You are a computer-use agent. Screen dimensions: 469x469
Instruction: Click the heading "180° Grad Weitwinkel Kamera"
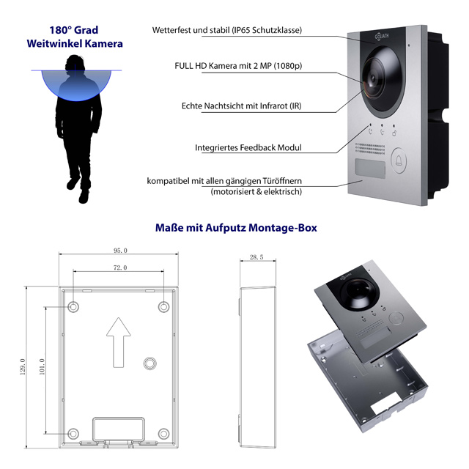pyautogui.click(x=74, y=37)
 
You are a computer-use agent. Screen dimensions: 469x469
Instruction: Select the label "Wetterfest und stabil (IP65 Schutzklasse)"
pyautogui.click(x=227, y=31)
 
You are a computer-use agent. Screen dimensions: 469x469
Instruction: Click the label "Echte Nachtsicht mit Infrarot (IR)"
pyautogui.click(x=241, y=106)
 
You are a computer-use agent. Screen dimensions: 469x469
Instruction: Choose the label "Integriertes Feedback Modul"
pyautogui.click(x=248, y=147)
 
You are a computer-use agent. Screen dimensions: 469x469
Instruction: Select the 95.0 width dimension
pyautogui.click(x=120, y=251)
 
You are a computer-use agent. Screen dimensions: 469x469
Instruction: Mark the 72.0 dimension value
pyautogui.click(x=119, y=268)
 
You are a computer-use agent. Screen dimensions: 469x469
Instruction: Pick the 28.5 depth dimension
pyautogui.click(x=256, y=258)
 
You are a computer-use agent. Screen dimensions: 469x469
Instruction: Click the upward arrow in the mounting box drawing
pyautogui.click(x=118, y=338)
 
